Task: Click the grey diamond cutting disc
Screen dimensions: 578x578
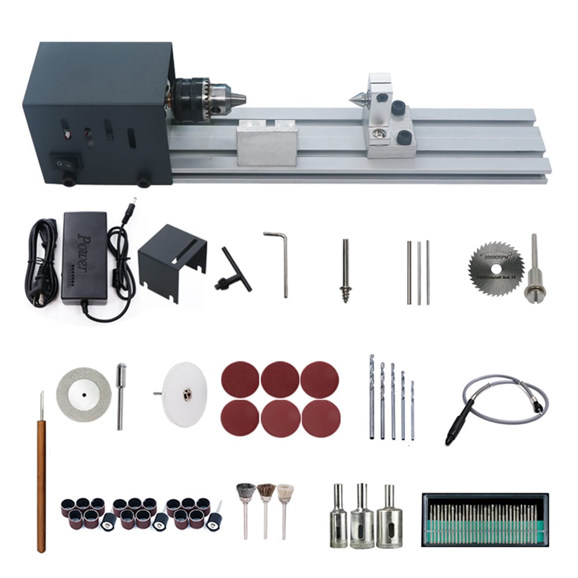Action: coord(83,396)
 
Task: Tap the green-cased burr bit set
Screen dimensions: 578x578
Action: coord(484,519)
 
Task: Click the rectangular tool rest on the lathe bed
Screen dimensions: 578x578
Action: coord(266,142)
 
